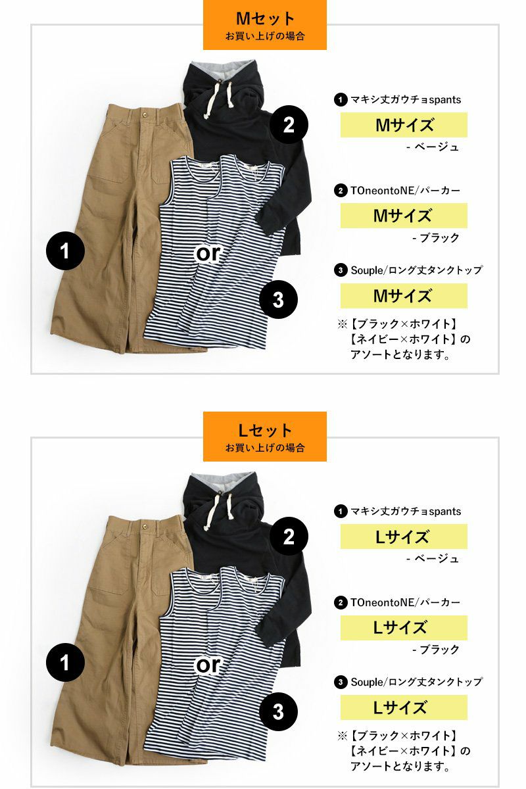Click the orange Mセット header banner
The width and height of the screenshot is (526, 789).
pos(264,25)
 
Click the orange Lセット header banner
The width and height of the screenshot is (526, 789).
pos(264,437)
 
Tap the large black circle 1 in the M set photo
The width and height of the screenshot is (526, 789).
pos(65,251)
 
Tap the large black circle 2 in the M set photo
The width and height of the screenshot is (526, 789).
pos(289,125)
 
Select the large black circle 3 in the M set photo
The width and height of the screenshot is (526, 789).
pos(278,299)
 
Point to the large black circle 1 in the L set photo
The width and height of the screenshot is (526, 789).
pos(65,662)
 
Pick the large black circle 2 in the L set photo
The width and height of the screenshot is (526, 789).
pos(289,536)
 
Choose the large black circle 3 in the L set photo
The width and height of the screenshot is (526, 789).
pos(278,711)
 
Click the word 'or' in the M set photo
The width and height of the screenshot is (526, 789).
pos(208,254)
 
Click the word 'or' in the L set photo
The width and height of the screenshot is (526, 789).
pos(208,665)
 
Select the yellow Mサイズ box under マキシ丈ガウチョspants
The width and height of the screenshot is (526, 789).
pos(404,125)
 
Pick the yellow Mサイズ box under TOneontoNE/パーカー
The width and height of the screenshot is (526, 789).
pos(404,215)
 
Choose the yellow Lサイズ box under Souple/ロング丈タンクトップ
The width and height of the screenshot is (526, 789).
pos(404,707)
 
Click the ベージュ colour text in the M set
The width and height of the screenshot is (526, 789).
pos(437,147)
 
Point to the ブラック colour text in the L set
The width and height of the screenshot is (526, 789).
pos(439,649)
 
